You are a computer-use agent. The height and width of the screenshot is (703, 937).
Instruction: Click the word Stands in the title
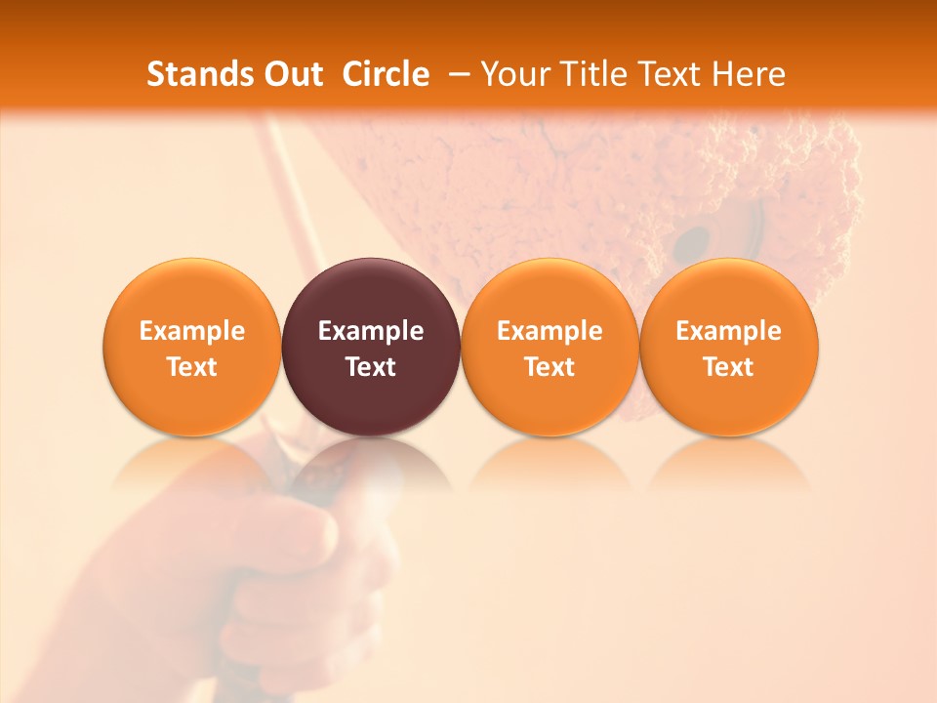200,74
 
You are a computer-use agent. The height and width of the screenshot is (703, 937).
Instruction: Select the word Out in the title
293,74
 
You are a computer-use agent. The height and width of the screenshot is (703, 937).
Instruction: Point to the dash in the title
456,75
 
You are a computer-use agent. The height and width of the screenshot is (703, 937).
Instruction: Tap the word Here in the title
749,74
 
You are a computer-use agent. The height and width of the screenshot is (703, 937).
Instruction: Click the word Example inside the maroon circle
371,331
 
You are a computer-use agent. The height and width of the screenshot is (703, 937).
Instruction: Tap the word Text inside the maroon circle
371,367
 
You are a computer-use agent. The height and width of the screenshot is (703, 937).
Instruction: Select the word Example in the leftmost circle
192,331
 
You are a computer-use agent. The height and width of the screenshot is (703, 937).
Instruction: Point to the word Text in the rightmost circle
729,367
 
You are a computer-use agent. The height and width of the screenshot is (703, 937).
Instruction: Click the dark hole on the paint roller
694,239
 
